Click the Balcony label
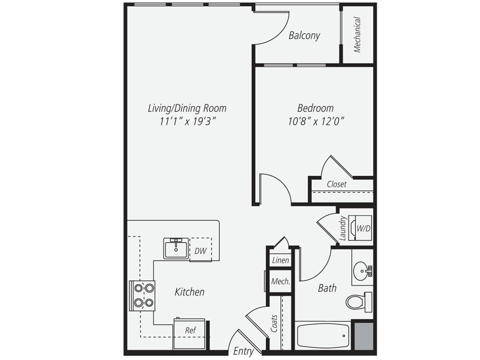[x=304, y=36]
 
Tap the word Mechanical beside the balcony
[x=357, y=35]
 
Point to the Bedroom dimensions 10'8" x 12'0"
[x=316, y=121]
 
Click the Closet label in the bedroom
[x=337, y=184]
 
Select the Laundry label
[x=343, y=228]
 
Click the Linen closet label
[x=280, y=261]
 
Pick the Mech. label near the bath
[x=280, y=282]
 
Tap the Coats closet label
[x=274, y=323]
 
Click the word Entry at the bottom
[x=244, y=351]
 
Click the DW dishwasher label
[x=200, y=251]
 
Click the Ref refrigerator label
[x=190, y=330]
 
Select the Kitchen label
[x=189, y=292]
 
